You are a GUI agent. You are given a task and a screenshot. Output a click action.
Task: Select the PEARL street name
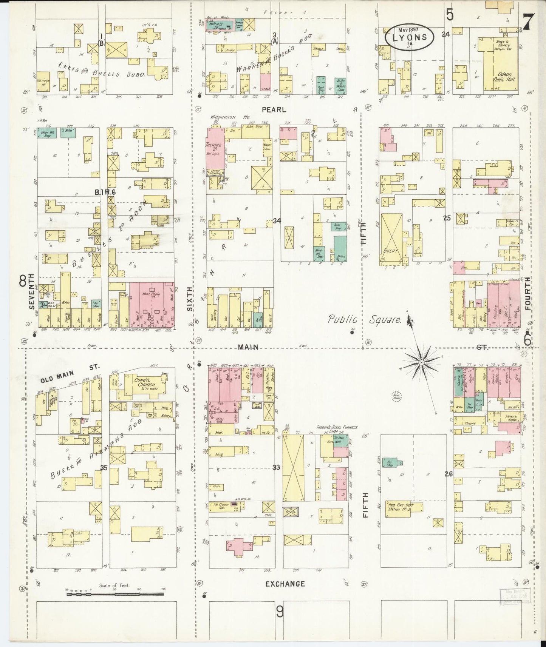274,109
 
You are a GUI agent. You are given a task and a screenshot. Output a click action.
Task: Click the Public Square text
364,320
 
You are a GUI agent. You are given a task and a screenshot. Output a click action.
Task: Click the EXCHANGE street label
285,584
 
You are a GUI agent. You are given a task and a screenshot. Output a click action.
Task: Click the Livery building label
391,250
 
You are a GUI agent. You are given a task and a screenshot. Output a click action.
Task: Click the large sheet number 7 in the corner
527,23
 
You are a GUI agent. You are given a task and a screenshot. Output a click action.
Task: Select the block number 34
277,221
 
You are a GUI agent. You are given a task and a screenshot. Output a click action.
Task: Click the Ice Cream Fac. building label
220,505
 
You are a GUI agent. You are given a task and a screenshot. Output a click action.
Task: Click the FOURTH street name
527,294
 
